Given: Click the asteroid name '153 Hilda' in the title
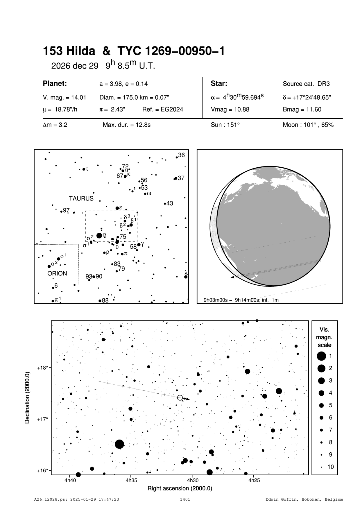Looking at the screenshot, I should (x=69, y=51).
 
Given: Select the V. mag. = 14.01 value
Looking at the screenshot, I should (x=64, y=98).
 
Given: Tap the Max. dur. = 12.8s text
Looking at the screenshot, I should (x=126, y=125).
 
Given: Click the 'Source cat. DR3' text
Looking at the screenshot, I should (x=306, y=84).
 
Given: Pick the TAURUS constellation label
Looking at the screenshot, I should (x=81, y=199).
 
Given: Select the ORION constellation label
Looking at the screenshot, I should (x=57, y=274).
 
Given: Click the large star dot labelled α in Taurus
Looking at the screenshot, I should (x=99, y=236).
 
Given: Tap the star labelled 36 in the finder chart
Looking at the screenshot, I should (x=177, y=157).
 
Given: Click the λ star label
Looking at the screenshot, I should (x=186, y=273).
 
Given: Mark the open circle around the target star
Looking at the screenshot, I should (x=180, y=397).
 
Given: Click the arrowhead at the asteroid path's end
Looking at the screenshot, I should (x=188, y=399).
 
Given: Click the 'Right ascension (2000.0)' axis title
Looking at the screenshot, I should (x=180, y=488).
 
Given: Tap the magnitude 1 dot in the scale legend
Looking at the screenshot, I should (x=321, y=356).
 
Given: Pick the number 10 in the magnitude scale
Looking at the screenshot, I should (x=331, y=467).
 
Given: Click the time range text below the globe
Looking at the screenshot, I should (x=241, y=300).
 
